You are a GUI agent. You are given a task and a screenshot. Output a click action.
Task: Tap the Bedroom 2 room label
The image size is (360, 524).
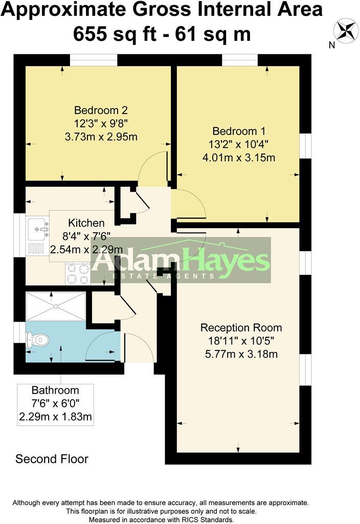(x=100, y=110)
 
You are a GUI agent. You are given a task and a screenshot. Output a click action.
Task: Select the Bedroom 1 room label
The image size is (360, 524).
(x=239, y=130)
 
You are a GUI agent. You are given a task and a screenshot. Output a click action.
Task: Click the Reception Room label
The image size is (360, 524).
(x=241, y=327)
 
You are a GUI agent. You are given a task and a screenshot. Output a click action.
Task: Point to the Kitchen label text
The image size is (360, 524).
(x=86, y=223)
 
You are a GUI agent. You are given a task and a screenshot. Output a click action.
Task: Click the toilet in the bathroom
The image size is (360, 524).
(x=38, y=339)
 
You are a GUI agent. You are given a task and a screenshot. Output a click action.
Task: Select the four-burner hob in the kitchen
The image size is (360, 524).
(x=77, y=273)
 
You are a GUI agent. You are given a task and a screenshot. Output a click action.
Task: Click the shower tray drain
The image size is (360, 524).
(x=56, y=306)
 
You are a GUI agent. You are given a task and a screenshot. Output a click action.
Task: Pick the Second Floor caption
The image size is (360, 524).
(x=52, y=458)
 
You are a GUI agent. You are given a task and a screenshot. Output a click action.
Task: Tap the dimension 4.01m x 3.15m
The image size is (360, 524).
(x=239, y=157)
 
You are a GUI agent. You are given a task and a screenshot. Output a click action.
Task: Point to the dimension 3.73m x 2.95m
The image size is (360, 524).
(x=101, y=137)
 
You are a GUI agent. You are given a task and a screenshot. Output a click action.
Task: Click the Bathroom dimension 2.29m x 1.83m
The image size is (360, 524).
(x=55, y=417)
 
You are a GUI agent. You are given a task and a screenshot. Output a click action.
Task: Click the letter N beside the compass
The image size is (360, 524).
(x=331, y=45)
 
